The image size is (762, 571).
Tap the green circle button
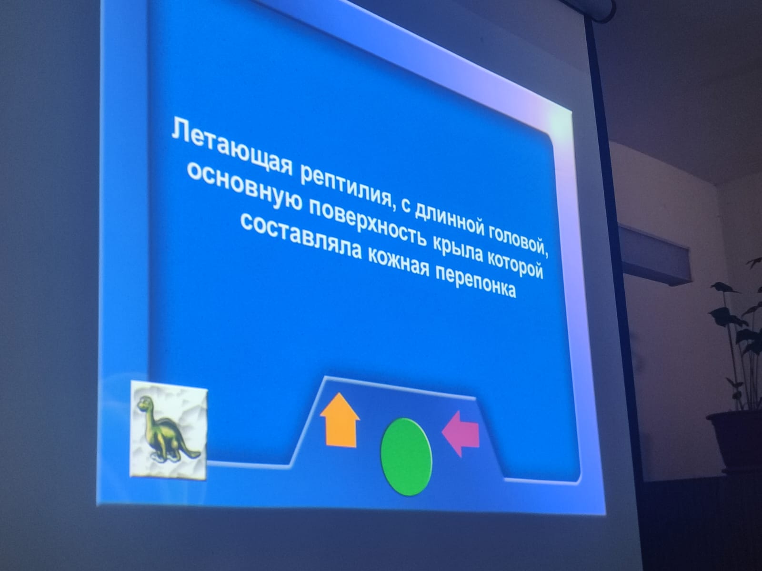[x=407, y=456]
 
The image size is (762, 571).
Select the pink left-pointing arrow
[x=461, y=433]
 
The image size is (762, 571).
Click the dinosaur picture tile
[x=169, y=430]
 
